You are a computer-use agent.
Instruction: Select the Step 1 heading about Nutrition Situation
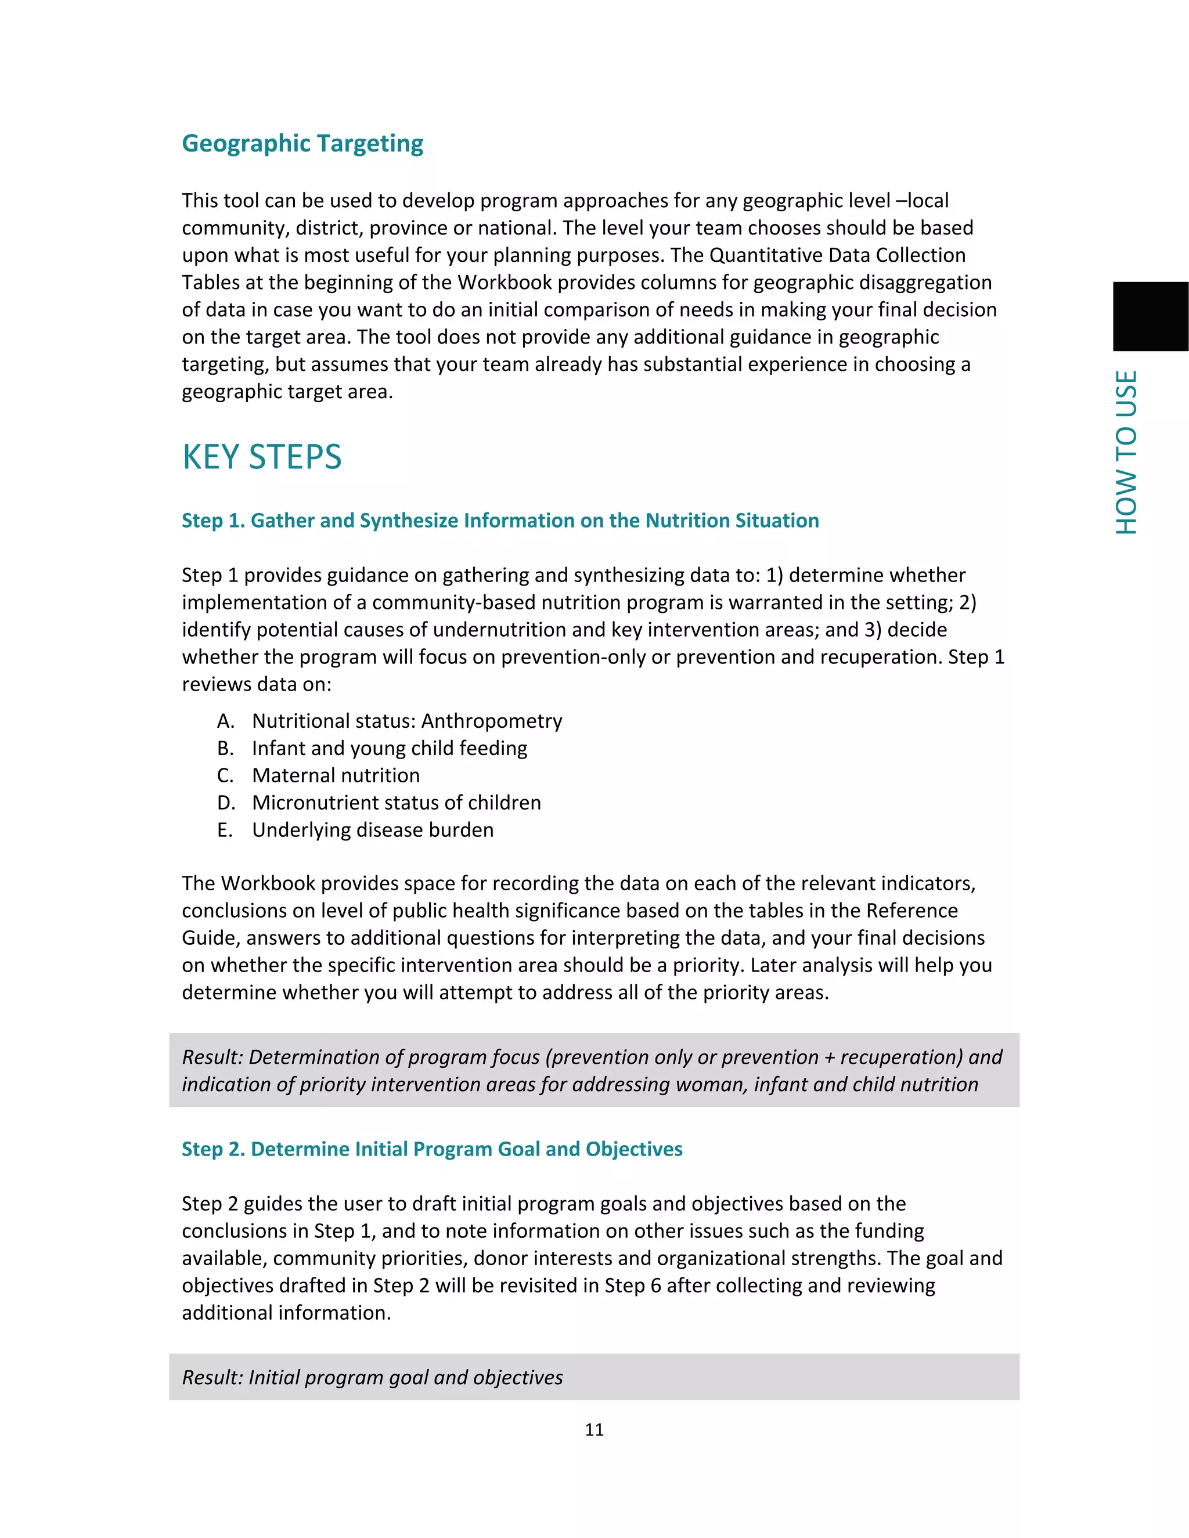500,521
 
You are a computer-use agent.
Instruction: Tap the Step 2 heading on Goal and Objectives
432,1149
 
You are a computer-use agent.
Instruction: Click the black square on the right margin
1150,316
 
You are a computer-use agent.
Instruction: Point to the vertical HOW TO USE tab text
1126,452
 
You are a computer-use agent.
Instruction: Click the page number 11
594,1429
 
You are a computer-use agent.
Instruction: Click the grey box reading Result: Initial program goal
594,1377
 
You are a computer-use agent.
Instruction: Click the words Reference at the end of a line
911,911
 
